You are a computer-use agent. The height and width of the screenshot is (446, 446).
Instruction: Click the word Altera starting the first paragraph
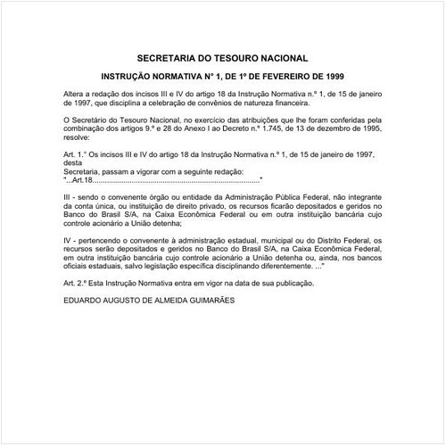coord(75,93)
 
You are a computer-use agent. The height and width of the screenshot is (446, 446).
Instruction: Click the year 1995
coord(376,127)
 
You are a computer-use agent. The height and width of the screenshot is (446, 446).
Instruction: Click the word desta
coord(74,161)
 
